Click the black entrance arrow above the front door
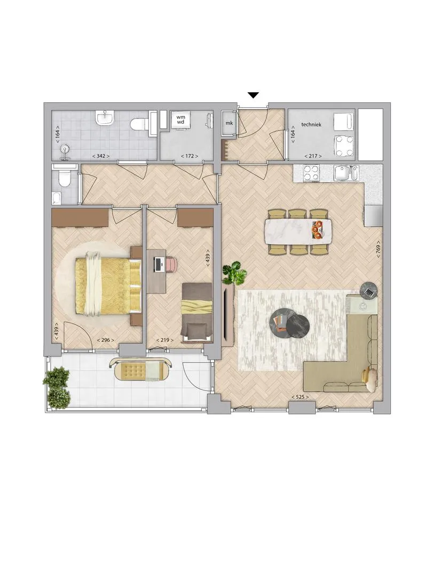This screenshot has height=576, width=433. pyautogui.click(x=253, y=95)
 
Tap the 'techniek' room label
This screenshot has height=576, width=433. pyautogui.click(x=311, y=124)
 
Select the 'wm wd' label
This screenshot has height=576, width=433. pyautogui.click(x=180, y=119)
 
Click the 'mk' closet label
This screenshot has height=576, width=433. pyautogui.click(x=229, y=123)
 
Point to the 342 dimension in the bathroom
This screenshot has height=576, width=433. pyautogui.click(x=101, y=156)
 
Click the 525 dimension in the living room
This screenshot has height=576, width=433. pyautogui.click(x=300, y=397)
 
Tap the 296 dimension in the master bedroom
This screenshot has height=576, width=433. pyautogui.click(x=105, y=340)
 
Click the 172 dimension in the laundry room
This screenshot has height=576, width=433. pyautogui.click(x=190, y=156)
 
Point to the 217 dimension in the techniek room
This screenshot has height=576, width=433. pyautogui.click(x=313, y=156)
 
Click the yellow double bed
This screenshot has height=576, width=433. pyautogui.click(x=108, y=286)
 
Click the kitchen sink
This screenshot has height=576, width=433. pyautogui.click(x=345, y=173)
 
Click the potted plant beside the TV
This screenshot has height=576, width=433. pyautogui.click(x=234, y=273)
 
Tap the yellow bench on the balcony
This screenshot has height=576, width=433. pyautogui.click(x=141, y=369)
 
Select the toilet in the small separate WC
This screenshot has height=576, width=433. pyautogui.click(x=65, y=180)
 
